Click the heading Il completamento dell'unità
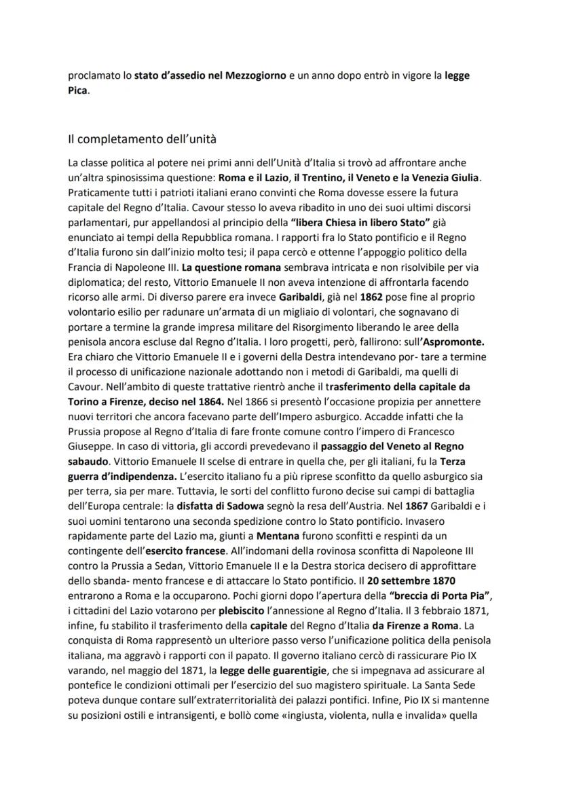pos(142,141)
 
